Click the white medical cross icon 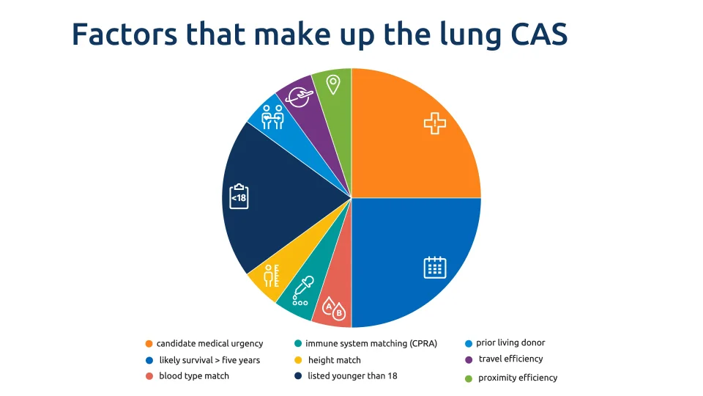coord(435,123)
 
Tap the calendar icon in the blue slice coord(435,267)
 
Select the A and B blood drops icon coord(334,309)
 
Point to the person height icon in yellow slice coord(272,275)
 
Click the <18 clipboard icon coord(239,197)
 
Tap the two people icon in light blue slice coord(272,117)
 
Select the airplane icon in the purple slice coord(300,96)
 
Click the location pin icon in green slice coord(333,84)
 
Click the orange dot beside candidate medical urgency coord(149,344)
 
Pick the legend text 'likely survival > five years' coord(209,360)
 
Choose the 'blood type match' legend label coord(194,376)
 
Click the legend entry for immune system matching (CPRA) coord(371,343)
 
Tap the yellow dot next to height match coord(298,360)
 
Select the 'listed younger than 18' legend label coord(352,376)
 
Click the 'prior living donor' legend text coord(510,342)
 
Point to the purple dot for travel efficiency coord(468,359)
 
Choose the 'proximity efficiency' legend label coord(518,378)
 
